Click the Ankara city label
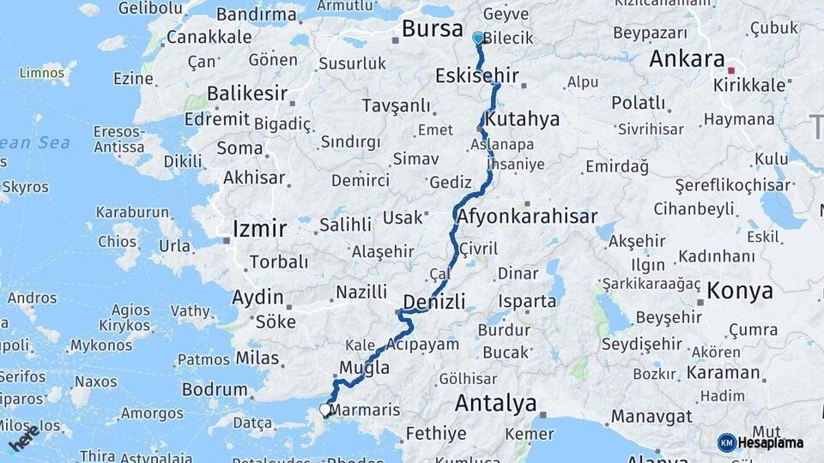[687, 58]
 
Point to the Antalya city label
[495, 402]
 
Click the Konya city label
[740, 291]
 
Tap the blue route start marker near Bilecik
[478, 38]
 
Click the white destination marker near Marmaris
[325, 410]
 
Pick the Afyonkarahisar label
[528, 216]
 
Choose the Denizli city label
[433, 301]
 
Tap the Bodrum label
[215, 389]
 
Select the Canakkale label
[209, 37]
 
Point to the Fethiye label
[435, 433]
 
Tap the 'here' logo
[24, 437]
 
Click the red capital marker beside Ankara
[731, 70]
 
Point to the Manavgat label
[651, 416]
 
